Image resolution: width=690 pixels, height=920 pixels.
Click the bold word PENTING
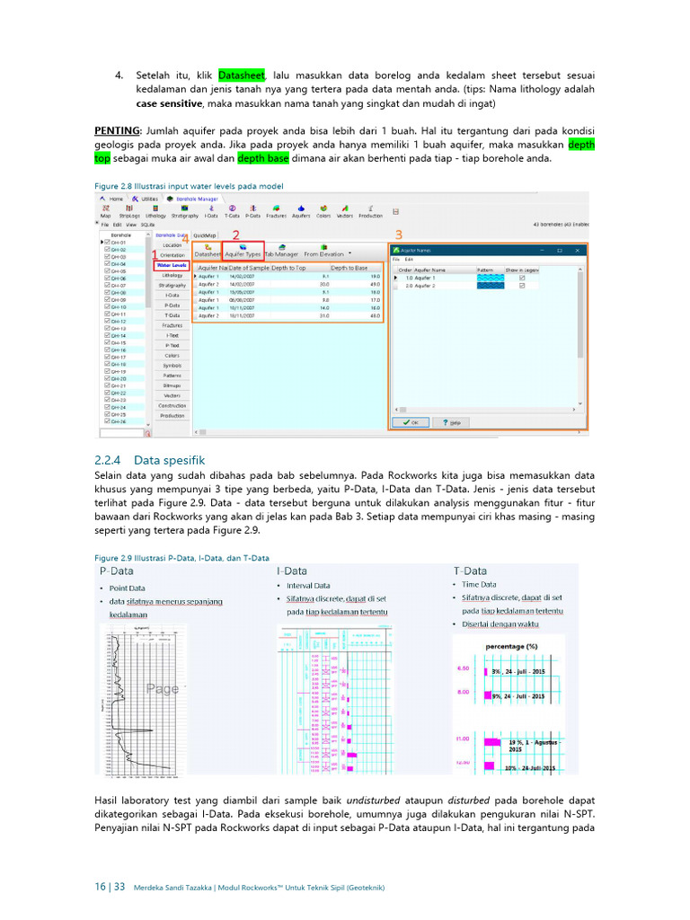(116, 129)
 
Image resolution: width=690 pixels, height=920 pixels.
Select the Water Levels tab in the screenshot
(172, 265)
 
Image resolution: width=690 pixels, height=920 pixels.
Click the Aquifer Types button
(243, 253)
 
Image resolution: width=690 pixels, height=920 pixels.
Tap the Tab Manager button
(281, 253)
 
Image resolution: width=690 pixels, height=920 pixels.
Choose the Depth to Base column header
(349, 268)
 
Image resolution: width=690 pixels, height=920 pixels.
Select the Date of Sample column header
(249, 268)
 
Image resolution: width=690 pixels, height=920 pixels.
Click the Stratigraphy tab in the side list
(172, 285)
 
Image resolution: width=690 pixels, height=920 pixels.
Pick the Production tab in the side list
(172, 415)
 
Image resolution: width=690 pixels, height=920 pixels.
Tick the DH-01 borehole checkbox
(108, 242)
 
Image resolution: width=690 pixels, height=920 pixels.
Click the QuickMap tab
(206, 235)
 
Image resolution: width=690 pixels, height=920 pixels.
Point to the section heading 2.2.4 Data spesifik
(149, 460)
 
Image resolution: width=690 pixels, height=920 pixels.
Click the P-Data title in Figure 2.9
(117, 571)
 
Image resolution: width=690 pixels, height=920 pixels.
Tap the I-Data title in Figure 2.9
(292, 571)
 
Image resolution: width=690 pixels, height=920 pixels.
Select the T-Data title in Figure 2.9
(471, 571)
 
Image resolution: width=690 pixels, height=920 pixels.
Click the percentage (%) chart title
(511, 646)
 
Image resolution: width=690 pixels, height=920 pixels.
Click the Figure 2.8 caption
(189, 185)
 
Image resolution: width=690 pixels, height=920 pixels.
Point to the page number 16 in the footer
(100, 887)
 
